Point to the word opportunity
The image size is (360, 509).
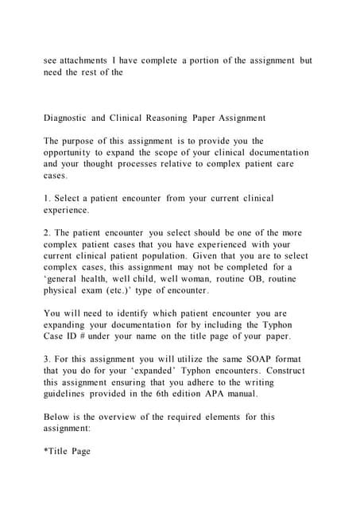tap(72, 152)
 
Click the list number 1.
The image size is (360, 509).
tap(46, 197)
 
